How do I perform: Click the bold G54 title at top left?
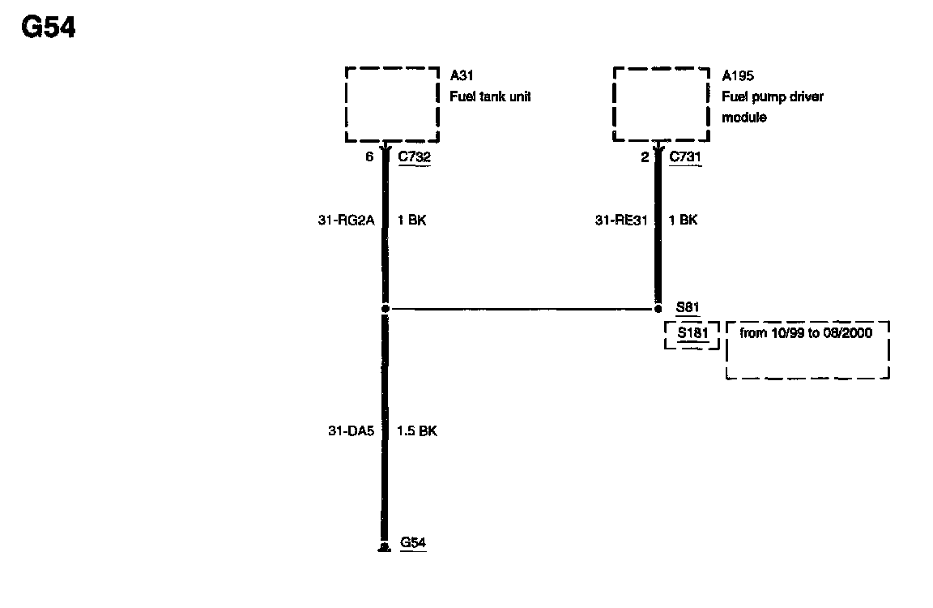pyautogui.click(x=48, y=28)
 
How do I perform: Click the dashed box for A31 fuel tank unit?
pyautogui.click(x=392, y=104)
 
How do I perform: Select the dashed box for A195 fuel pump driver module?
pyautogui.click(x=662, y=104)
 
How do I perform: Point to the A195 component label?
pyautogui.click(x=738, y=76)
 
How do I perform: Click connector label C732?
pyautogui.click(x=414, y=157)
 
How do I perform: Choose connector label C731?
pyautogui.click(x=685, y=157)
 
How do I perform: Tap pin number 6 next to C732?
pyautogui.click(x=369, y=157)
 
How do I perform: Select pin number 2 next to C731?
pyautogui.click(x=645, y=157)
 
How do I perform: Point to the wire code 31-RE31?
pyautogui.click(x=622, y=220)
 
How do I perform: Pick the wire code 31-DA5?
pyautogui.click(x=351, y=431)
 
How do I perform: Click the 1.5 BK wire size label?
pyautogui.click(x=417, y=431)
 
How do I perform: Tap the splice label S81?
pyautogui.click(x=688, y=308)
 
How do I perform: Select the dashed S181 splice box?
pyautogui.click(x=692, y=334)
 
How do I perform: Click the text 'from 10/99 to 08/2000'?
pyautogui.click(x=806, y=333)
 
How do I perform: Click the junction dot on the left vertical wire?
pyautogui.click(x=386, y=309)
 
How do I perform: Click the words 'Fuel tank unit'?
pyautogui.click(x=490, y=96)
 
